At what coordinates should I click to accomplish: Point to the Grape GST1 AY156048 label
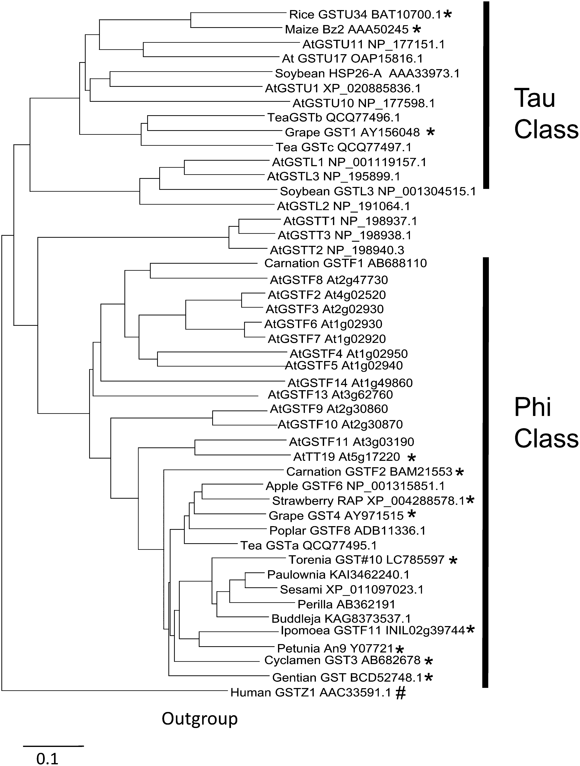(352, 132)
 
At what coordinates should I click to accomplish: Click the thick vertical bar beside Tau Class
(486, 95)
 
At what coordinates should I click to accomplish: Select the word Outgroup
(200, 719)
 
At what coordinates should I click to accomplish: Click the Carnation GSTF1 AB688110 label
(345, 263)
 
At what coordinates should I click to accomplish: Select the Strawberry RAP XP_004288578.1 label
(368, 501)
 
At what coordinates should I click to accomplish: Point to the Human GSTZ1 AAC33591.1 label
(310, 693)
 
